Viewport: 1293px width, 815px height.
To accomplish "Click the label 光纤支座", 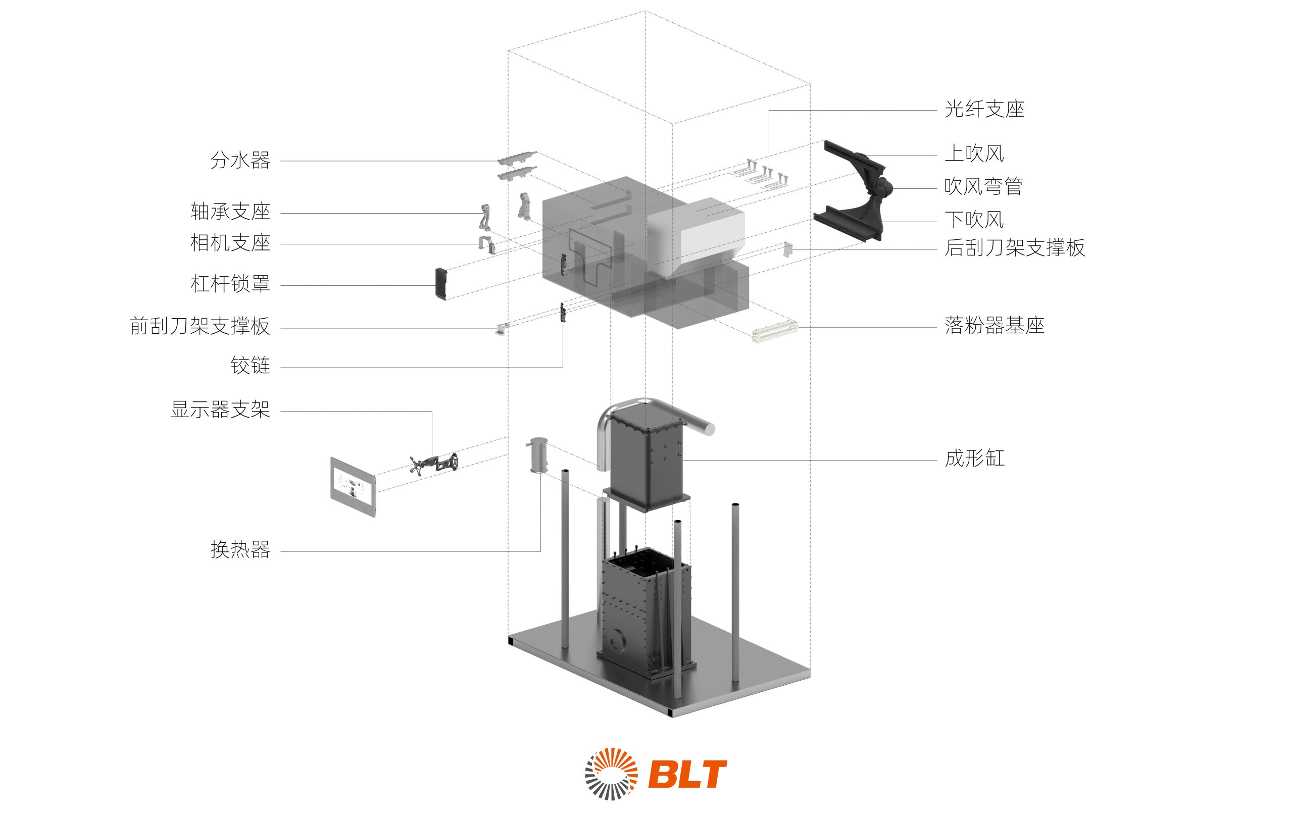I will (x=984, y=110).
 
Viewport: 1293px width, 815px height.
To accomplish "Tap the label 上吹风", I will (x=974, y=154).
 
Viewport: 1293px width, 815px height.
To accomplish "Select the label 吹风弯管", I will (x=983, y=186).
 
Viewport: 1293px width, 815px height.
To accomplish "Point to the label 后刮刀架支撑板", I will (x=1015, y=247).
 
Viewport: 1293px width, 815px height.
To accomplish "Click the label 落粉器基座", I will (x=994, y=325).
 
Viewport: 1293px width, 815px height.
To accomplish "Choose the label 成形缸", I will (x=975, y=459).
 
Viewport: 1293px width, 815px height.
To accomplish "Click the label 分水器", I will (x=240, y=160).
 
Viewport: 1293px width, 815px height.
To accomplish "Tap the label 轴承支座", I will (x=230, y=212).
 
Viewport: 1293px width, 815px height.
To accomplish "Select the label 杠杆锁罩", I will (x=230, y=283).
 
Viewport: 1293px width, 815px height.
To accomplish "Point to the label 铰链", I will (x=250, y=366).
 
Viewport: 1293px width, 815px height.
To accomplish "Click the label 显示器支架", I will (x=220, y=410).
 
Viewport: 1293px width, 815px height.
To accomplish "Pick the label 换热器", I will (x=240, y=549).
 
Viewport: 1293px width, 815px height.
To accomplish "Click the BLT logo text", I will (x=687, y=774).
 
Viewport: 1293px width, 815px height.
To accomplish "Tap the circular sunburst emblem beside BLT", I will (x=611, y=774).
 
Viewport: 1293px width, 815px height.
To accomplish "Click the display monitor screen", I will (x=352, y=486).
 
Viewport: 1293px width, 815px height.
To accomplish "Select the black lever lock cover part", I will (x=441, y=283).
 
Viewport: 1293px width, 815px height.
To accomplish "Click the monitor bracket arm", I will (x=434, y=464).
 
